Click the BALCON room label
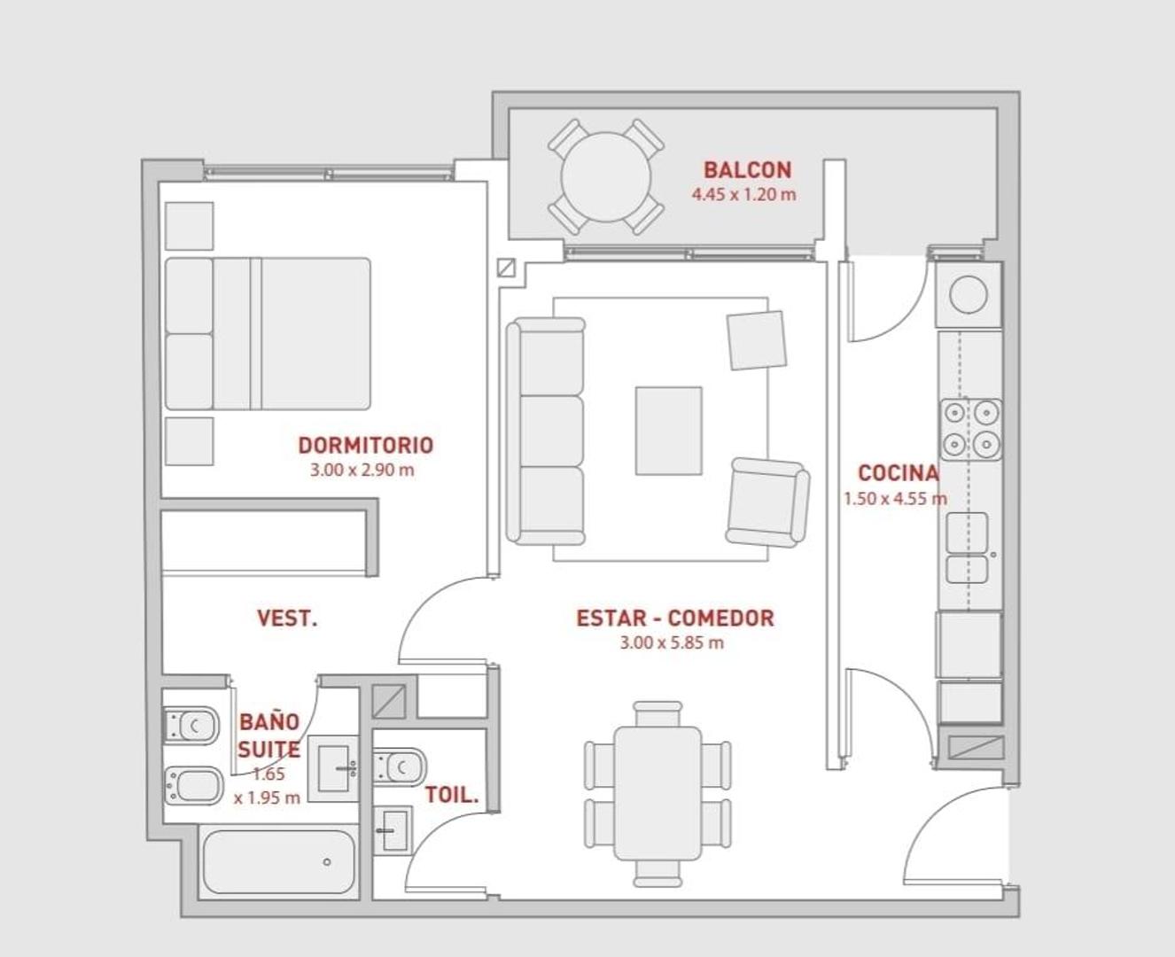coord(748,170)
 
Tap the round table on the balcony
coord(606,177)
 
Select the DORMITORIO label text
coord(366,445)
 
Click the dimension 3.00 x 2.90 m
coord(362,471)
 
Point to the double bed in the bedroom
coord(268,334)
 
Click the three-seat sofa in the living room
coord(546,432)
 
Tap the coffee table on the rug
coord(669,431)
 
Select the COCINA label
coord(898,473)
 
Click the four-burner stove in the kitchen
coord(970,429)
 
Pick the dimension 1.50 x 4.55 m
coord(895,499)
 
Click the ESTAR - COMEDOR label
coord(675,618)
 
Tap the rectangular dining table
coord(658,794)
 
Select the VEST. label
coord(287,618)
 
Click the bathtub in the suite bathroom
coord(278,861)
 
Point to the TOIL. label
coord(451,795)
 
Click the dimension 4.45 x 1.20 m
coord(743,195)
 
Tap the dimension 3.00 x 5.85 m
coord(672,643)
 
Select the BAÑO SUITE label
coord(268,735)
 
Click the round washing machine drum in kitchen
coord(969,294)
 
